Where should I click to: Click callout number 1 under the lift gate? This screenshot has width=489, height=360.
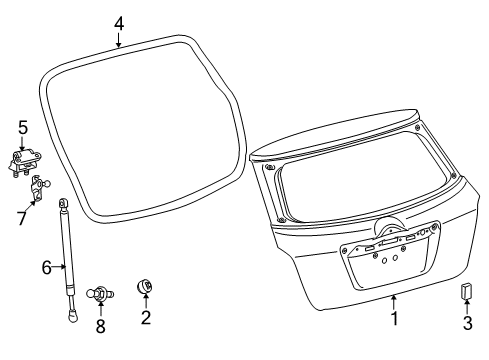pyautogui.click(x=394, y=320)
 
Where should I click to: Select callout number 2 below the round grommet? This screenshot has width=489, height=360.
pyautogui.click(x=146, y=318)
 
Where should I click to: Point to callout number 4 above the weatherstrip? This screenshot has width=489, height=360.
pyautogui.click(x=118, y=22)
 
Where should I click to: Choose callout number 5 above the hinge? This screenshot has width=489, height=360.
pyautogui.click(x=22, y=127)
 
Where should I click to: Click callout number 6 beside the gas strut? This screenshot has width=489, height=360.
pyautogui.click(x=46, y=266)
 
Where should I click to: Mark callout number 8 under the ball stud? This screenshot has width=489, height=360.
pyautogui.click(x=100, y=327)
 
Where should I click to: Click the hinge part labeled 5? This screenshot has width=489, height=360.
pyautogui.click(x=27, y=161)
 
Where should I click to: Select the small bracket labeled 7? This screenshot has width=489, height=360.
pyautogui.click(x=43, y=186)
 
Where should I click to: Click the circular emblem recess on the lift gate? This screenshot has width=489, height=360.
pyautogui.click(x=387, y=229)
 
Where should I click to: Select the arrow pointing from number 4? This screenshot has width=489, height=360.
pyautogui.click(x=118, y=38)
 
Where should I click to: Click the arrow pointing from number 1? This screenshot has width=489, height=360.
pyautogui.click(x=394, y=303)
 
